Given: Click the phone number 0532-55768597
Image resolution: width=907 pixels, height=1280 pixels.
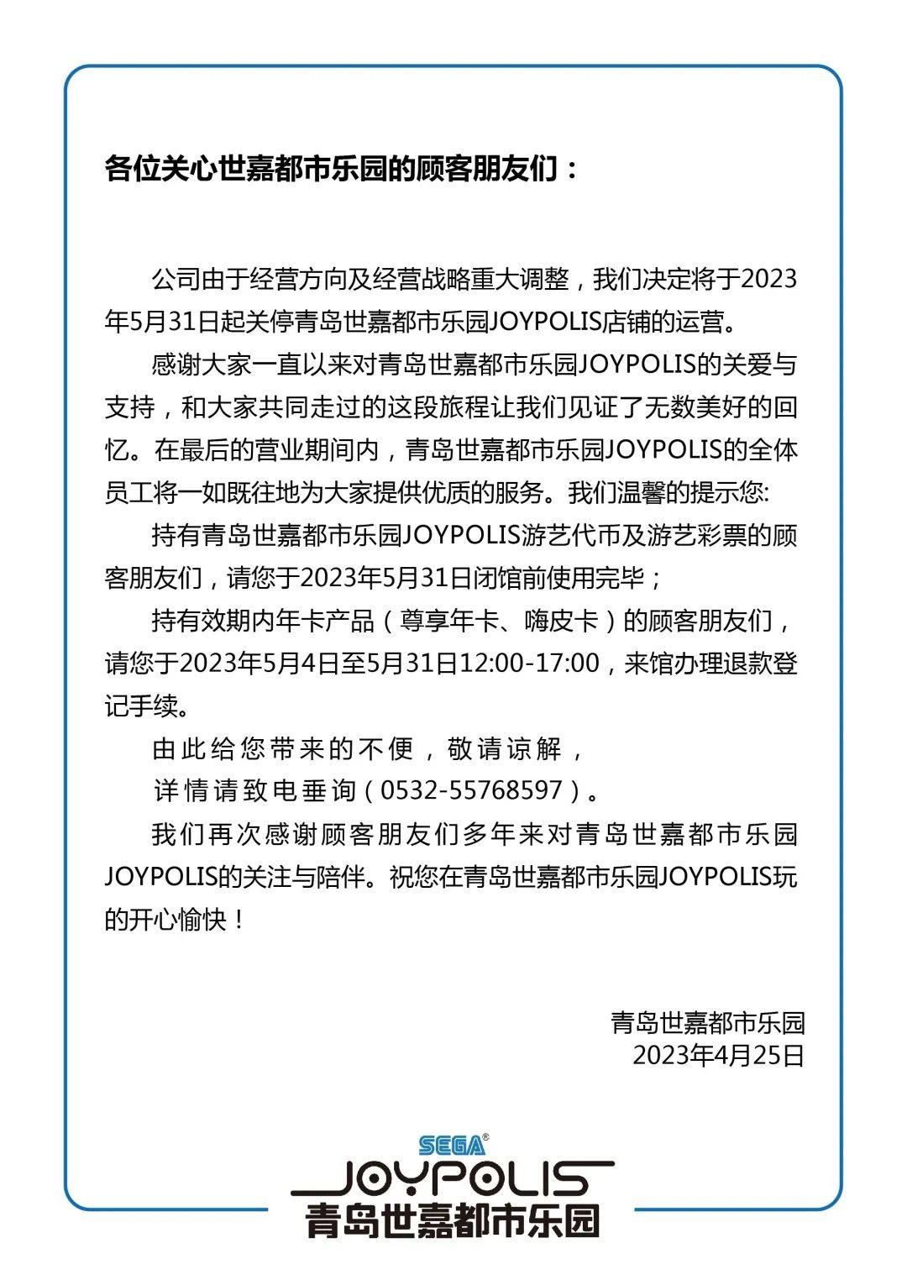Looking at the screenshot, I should tap(471, 790).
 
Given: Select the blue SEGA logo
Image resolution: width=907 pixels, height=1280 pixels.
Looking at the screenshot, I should tap(451, 1146).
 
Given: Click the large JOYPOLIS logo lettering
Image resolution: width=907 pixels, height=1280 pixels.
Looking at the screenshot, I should tap(453, 1178).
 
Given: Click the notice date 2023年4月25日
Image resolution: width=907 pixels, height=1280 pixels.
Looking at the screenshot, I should tap(718, 1055).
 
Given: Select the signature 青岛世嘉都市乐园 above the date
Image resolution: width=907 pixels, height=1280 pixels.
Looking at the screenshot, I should tap(708, 1022).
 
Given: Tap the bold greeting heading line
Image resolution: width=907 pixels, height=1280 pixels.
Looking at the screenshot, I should tap(342, 169).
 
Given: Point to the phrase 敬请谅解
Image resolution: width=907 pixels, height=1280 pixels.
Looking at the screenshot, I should tap(504, 748).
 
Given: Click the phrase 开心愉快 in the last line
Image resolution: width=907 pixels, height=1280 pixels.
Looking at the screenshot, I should tap(177, 919).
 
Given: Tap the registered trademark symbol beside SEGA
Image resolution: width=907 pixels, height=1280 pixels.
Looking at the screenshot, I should tap(485, 1137).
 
